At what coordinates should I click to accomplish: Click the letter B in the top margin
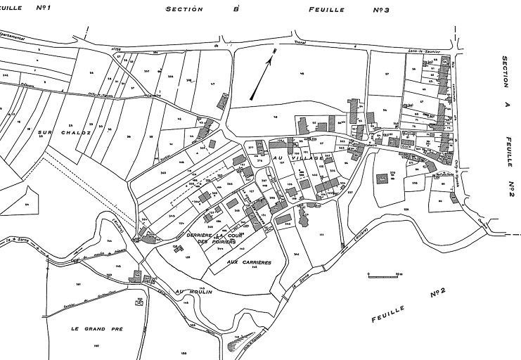tap(236, 10)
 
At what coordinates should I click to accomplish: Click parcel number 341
tap(297, 253)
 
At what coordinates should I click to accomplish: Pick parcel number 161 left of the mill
tap(78, 284)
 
